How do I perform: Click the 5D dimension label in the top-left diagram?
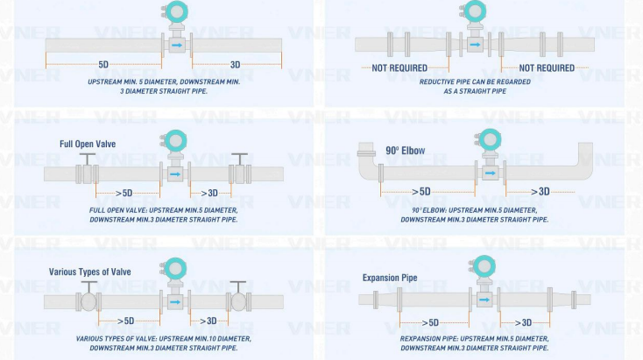tap(103, 64)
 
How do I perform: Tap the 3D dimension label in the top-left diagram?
tap(235, 64)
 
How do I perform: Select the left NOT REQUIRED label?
tap(399, 67)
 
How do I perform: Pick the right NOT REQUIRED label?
tap(547, 67)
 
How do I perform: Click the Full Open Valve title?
tap(88, 144)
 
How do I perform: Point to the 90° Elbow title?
tap(405, 151)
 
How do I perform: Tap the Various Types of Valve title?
tap(90, 272)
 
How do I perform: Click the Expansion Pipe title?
tap(390, 278)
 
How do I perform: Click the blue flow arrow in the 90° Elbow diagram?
tap(490, 173)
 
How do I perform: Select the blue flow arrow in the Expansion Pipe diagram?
tap(484, 300)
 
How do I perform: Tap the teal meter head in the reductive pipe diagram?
tap(475, 11)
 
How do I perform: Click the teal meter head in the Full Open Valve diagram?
tap(175, 141)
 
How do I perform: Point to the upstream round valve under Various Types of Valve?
tap(88, 302)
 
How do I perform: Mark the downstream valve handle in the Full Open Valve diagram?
tap(239, 159)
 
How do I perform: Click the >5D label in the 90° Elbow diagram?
tap(421, 192)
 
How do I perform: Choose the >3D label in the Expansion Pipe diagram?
tap(523, 322)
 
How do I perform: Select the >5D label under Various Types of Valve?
tap(125, 321)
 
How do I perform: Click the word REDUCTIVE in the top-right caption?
tap(436, 81)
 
